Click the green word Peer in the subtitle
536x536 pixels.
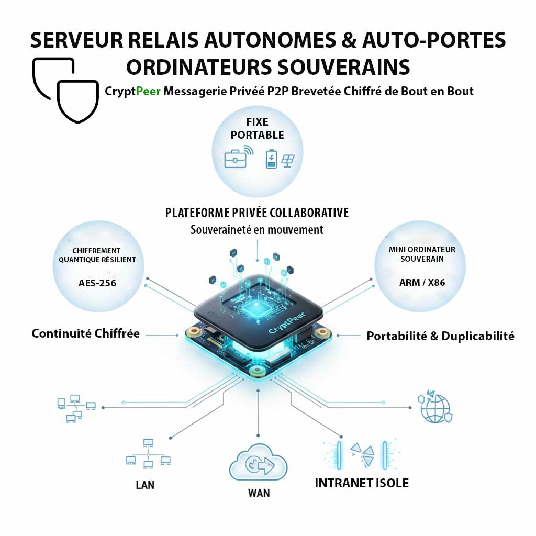148,92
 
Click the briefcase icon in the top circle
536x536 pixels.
236,159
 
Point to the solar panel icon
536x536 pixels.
287,160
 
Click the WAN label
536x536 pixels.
259,493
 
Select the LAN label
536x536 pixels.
145,485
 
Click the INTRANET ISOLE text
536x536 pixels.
362,483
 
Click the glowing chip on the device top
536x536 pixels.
256,308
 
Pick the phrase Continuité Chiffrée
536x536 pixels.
86,333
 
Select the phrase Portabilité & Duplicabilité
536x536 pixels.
440,336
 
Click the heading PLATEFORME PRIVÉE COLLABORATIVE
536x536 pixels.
257,213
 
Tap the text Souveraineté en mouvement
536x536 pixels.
257,229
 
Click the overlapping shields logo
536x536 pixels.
65,89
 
